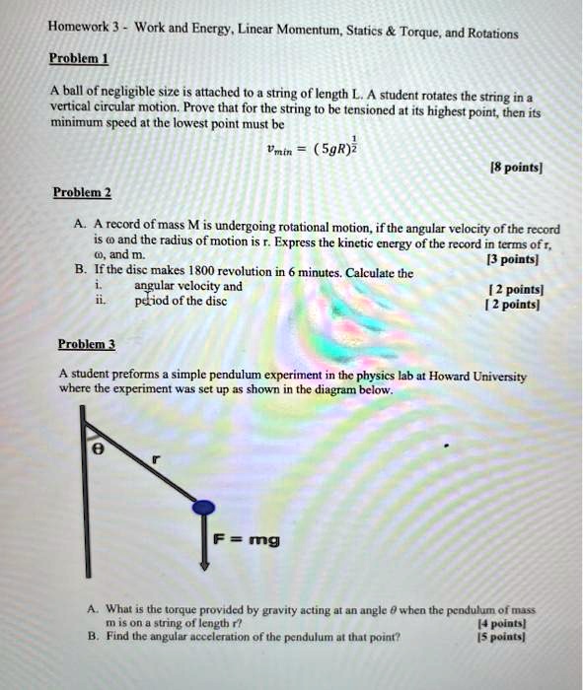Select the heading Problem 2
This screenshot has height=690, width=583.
(82, 191)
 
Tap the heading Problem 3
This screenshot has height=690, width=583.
(87, 345)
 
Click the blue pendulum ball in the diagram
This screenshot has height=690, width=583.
(203, 509)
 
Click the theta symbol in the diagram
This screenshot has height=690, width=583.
(96, 447)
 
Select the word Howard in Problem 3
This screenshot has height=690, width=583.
(453, 376)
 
